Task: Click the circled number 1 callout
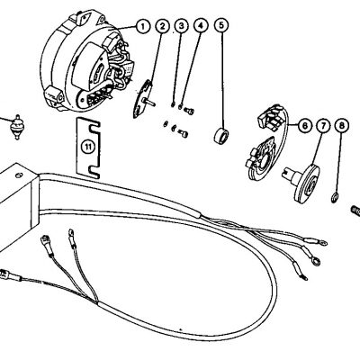coord(141,26)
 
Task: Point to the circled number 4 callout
coord(199,26)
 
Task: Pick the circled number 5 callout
coord(221,26)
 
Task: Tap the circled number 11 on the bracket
coord(87,145)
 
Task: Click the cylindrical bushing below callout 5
coord(219,137)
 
